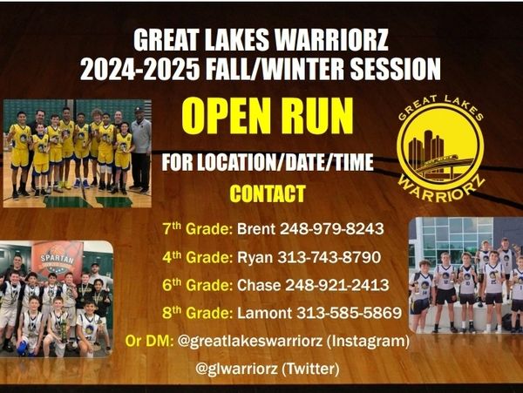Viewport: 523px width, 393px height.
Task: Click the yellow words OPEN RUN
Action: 268,117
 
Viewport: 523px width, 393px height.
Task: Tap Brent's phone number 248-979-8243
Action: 331,229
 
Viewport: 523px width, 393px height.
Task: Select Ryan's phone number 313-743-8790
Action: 329,257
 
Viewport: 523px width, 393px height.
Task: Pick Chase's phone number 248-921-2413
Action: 336,285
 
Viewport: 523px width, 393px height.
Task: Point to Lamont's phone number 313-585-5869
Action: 349,313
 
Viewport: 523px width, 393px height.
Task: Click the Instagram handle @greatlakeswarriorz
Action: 250,341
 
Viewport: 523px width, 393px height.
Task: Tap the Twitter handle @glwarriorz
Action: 236,369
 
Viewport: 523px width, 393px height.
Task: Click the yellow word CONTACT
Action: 268,193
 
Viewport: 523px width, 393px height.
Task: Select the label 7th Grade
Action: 198,228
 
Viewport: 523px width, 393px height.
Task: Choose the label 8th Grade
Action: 198,313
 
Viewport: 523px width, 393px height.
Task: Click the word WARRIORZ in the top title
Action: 333,40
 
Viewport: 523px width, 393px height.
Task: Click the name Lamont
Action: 264,313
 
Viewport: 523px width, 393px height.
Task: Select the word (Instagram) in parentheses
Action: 368,341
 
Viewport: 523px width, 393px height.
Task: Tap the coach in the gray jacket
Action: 141,150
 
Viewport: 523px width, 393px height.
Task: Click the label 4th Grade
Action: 198,257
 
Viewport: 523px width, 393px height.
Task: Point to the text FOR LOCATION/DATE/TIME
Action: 268,162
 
